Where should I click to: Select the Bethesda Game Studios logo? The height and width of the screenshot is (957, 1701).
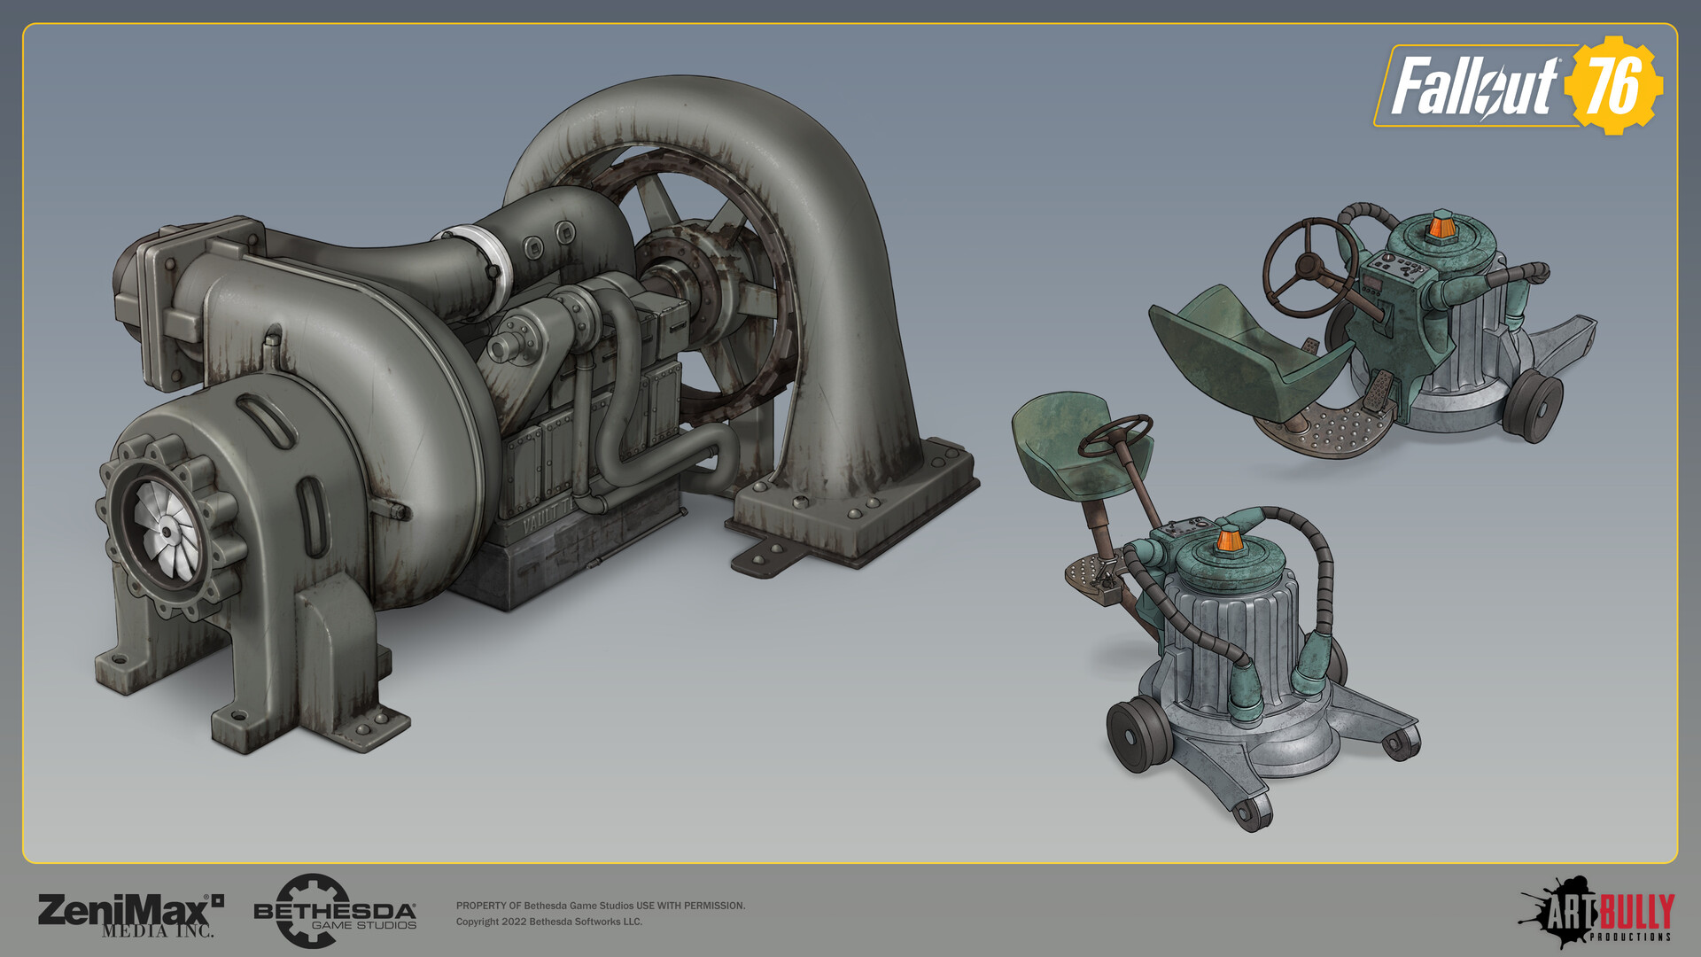[334, 912]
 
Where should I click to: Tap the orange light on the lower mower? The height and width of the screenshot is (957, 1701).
[1228, 539]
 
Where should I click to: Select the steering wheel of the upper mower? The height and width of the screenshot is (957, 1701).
[1309, 266]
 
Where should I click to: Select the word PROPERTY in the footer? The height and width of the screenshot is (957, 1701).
[481, 906]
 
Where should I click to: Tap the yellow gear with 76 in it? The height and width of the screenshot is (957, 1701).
[1612, 86]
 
